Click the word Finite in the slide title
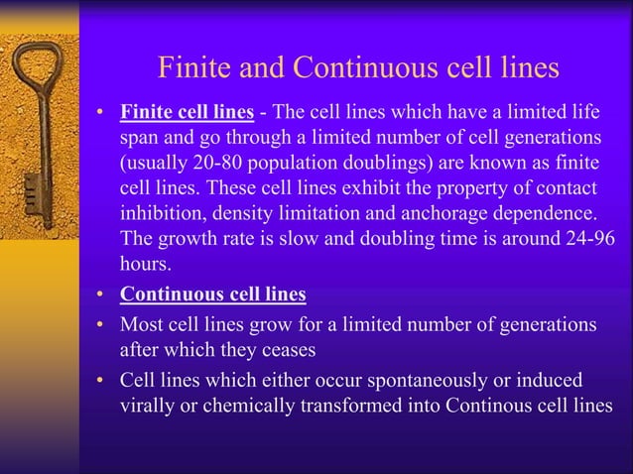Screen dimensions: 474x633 tap(193, 68)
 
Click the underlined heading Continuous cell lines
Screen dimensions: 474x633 tap(213, 295)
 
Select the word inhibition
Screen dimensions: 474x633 tap(162, 213)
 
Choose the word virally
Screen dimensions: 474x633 tap(149, 406)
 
